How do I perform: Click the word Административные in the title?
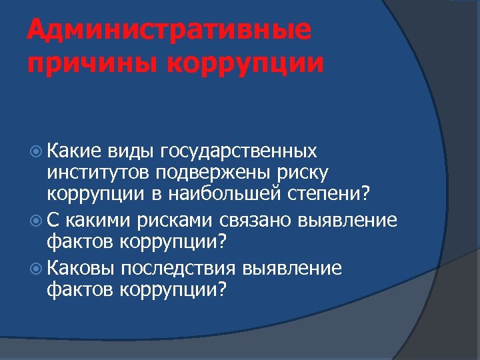point(169,31)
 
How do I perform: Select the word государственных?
point(238,152)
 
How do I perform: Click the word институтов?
point(99,174)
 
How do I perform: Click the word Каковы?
point(81,268)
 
